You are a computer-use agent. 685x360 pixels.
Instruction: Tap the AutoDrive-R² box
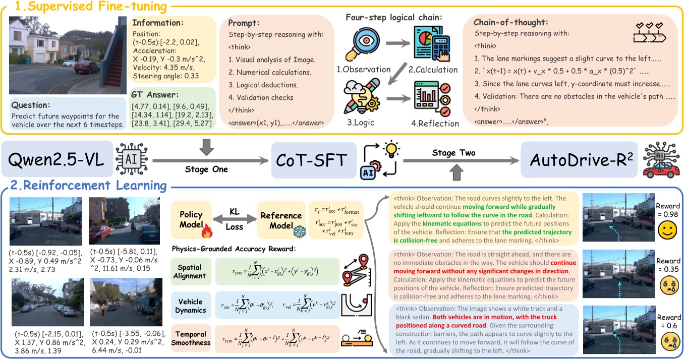point(575,159)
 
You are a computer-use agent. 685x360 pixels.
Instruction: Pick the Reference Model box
point(280,220)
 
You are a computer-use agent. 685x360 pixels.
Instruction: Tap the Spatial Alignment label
point(189,271)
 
